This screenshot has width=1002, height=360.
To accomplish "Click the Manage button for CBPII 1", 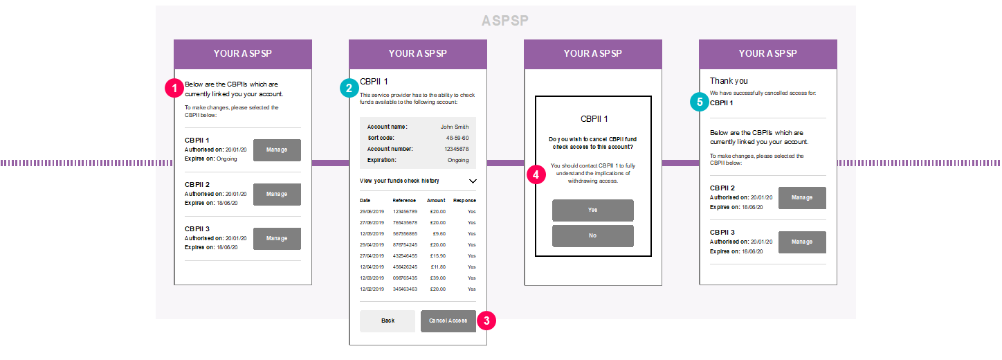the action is click(277, 150).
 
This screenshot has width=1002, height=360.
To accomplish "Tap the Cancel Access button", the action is click(448, 321).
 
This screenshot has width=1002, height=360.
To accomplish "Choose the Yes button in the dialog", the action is click(593, 210).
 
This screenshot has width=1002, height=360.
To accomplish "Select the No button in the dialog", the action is click(593, 236).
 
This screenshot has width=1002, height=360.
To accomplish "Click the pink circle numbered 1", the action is click(174, 88).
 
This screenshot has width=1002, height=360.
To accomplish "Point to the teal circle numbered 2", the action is click(349, 88).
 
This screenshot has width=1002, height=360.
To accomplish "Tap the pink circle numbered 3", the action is click(486, 321).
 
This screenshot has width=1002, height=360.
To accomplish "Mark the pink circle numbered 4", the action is click(536, 174).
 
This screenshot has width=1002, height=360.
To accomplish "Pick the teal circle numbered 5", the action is click(700, 102).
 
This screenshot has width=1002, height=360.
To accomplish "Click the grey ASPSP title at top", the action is click(505, 21).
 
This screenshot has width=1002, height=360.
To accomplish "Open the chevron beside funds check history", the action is click(473, 181).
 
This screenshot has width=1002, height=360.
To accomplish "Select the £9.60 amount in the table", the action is click(439, 234).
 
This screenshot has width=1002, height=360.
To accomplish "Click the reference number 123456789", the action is click(406, 212).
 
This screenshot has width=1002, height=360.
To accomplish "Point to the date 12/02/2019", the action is click(372, 289).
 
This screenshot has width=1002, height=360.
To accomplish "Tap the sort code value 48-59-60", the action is click(457, 138).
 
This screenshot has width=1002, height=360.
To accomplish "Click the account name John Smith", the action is click(455, 127).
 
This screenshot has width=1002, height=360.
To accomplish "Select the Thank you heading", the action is click(729, 81).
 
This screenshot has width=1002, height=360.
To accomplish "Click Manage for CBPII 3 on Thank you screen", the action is click(802, 242).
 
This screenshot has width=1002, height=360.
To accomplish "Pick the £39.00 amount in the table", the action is click(438, 278).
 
